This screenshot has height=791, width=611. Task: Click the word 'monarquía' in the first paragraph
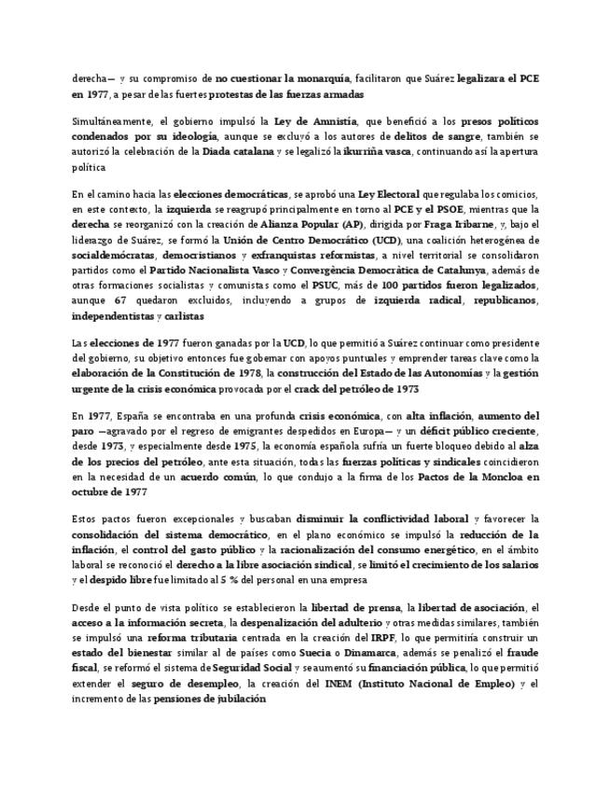pyautogui.click(x=314, y=79)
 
